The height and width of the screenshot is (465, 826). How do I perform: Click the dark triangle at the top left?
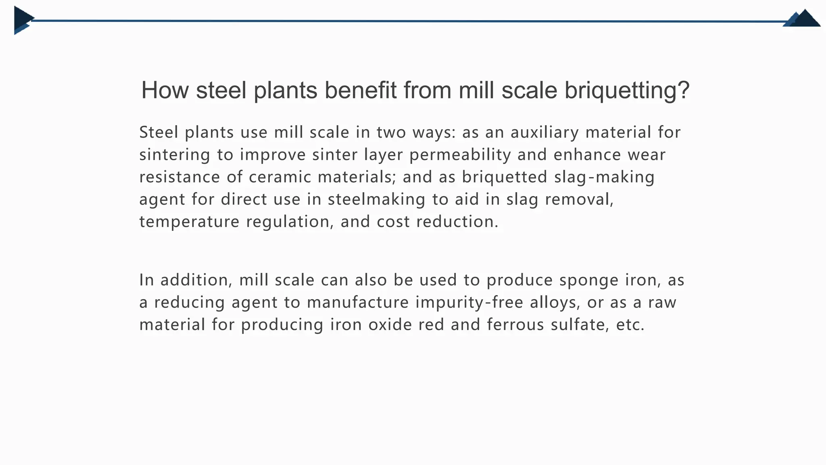(x=23, y=19)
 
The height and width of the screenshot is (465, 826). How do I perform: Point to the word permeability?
(x=460, y=155)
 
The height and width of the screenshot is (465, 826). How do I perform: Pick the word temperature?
(x=189, y=222)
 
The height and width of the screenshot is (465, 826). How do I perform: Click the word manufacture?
(x=358, y=302)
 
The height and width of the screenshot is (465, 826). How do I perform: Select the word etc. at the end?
(x=630, y=325)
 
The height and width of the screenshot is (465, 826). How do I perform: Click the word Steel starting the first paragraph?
(x=159, y=132)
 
